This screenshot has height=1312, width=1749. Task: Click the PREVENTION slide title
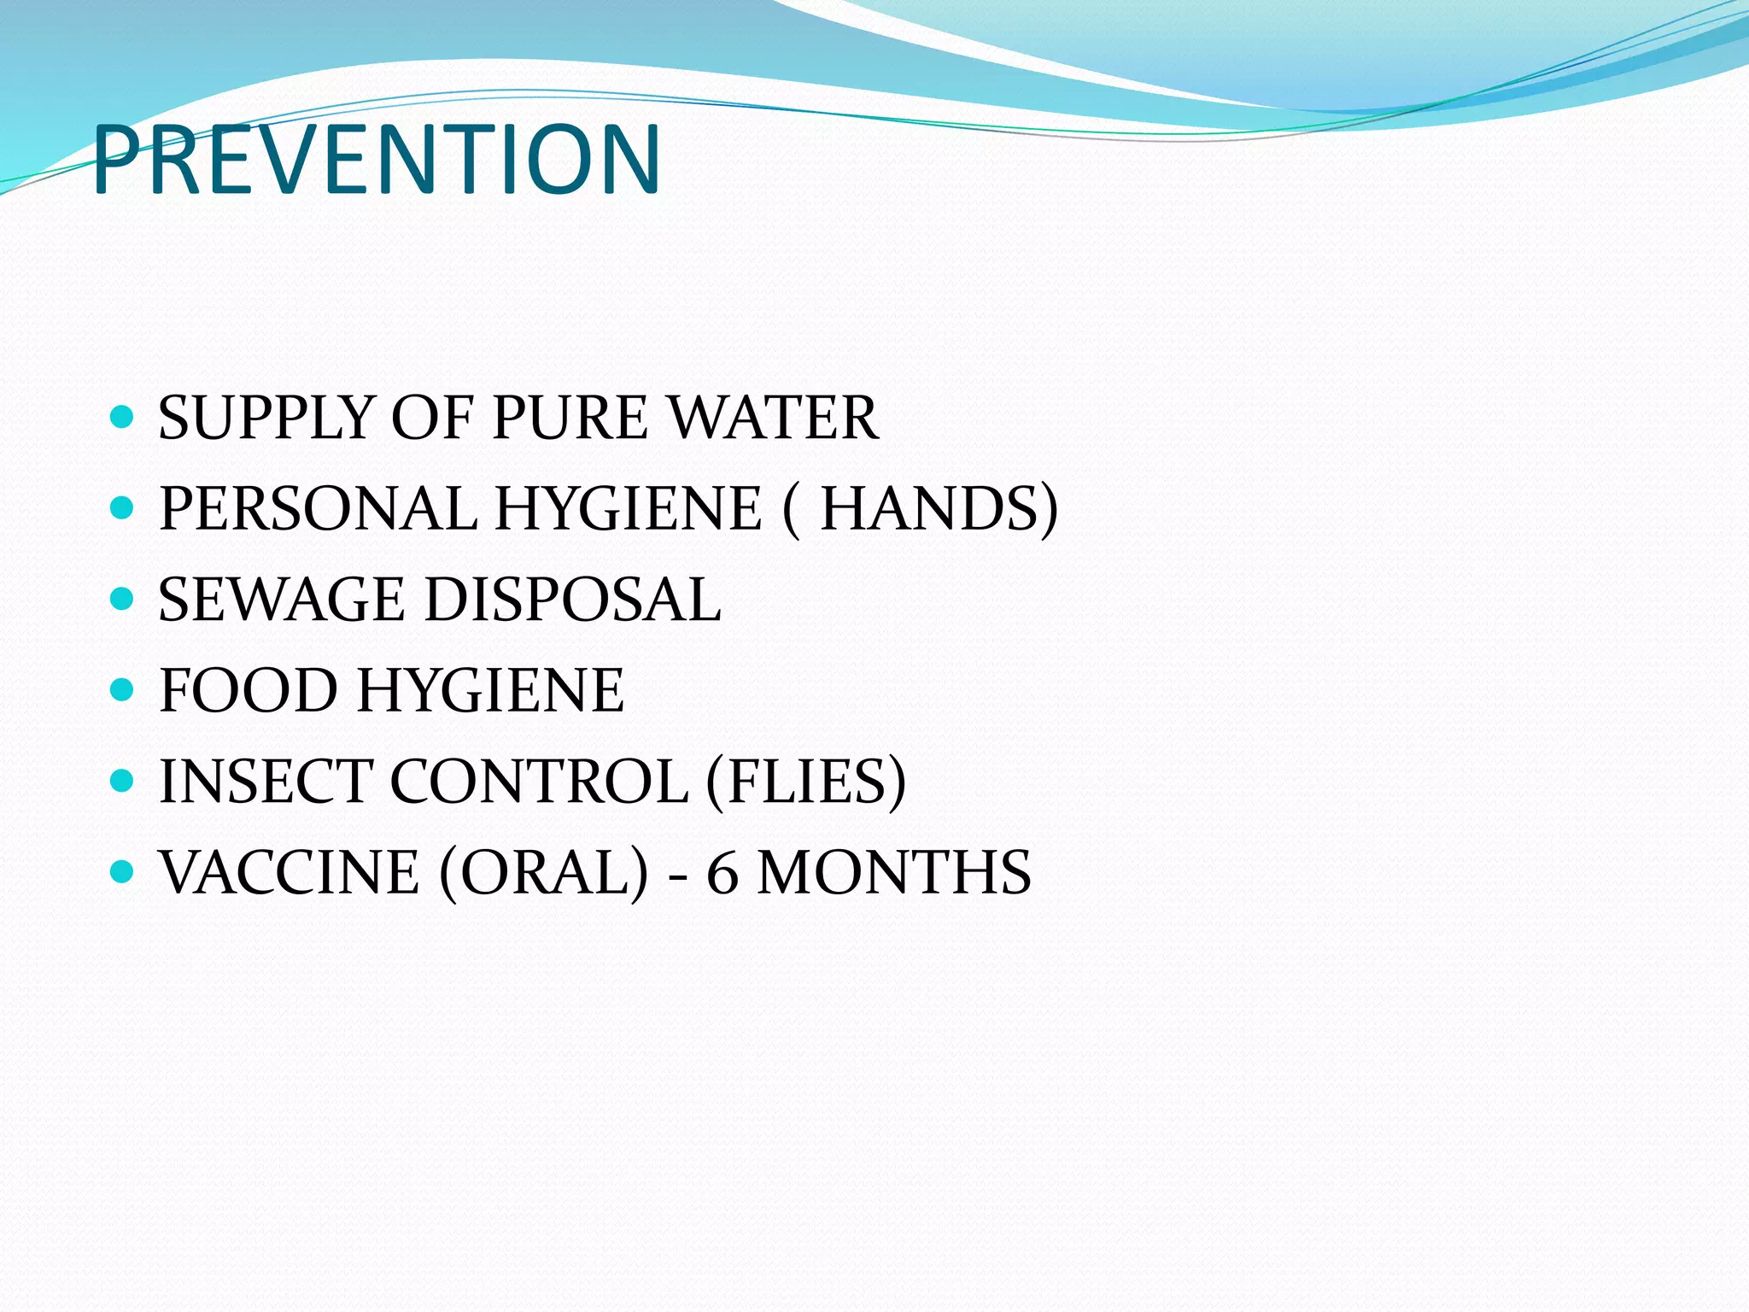coord(377,160)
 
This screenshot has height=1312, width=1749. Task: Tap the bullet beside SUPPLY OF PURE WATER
coord(123,418)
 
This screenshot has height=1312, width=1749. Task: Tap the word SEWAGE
coord(282,600)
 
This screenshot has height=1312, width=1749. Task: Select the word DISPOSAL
coord(573,600)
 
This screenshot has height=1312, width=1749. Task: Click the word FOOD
coord(249,691)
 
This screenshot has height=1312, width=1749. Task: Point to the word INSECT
coord(266,782)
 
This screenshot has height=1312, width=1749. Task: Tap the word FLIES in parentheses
coord(806,782)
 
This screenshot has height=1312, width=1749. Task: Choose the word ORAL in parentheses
coord(544,872)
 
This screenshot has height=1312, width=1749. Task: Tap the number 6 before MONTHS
coord(722,874)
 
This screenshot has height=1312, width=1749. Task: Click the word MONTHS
coord(895,872)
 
